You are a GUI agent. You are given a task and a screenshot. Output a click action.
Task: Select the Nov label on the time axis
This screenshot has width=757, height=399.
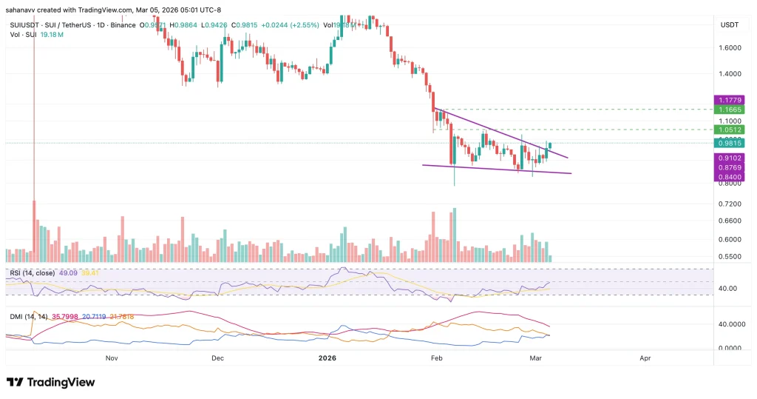click(112, 358)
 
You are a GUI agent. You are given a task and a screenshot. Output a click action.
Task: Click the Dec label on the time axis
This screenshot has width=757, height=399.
click(217, 358)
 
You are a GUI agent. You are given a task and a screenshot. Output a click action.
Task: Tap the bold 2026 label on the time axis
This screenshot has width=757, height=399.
click(327, 358)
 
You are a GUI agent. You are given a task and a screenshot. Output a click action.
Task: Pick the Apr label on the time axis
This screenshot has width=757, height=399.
click(645, 358)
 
